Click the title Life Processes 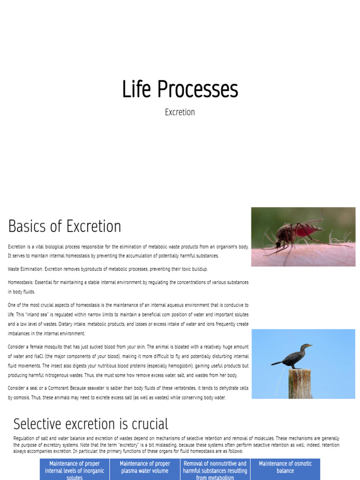click(x=180, y=89)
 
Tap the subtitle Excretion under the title click(x=180, y=112)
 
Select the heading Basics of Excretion click(x=65, y=226)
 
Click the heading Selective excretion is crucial click(x=90, y=424)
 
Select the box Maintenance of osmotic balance click(x=285, y=467)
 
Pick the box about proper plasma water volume click(x=145, y=467)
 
